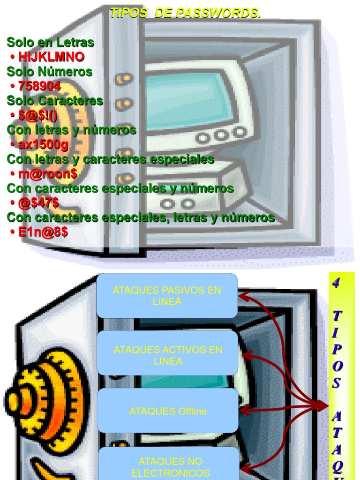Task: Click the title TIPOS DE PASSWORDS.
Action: click(185, 14)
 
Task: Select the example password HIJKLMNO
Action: click(51, 57)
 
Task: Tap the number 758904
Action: click(39, 86)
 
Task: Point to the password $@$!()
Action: click(38, 115)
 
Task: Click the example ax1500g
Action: click(43, 145)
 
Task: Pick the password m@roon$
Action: click(48, 174)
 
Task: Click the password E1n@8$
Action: click(43, 232)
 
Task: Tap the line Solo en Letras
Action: click(50, 43)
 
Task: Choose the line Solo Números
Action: click(49, 72)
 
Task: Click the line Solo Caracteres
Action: click(55, 101)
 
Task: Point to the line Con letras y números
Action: click(71, 130)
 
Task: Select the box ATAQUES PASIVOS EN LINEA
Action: click(167, 296)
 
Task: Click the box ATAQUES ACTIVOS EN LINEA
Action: click(168, 355)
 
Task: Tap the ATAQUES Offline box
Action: click(168, 412)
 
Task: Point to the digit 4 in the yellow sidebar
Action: click(336, 283)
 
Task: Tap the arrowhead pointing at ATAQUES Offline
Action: click(243, 411)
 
